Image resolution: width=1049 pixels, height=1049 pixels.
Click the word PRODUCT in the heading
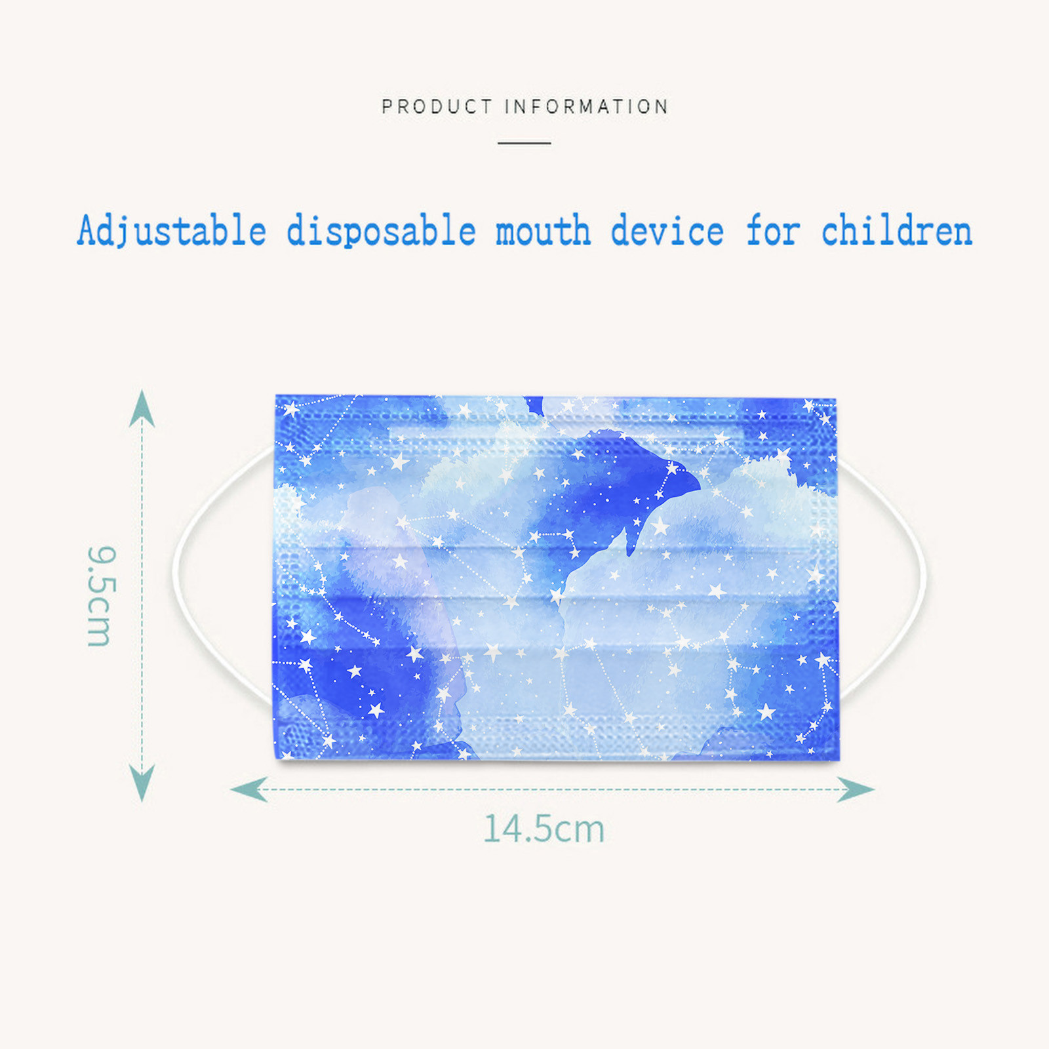click(437, 106)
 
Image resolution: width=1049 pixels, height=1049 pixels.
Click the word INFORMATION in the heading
click(586, 106)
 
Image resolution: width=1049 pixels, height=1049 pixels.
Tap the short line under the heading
click(524, 142)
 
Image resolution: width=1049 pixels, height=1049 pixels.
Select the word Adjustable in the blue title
click(172, 231)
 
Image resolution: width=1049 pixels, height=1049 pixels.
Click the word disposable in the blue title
click(381, 231)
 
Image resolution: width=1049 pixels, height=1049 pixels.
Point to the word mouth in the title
click(543, 231)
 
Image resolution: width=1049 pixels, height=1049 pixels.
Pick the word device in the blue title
click(667, 231)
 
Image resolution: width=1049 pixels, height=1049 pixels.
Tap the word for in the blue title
click(774, 231)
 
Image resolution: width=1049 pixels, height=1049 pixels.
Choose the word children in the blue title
click(896, 231)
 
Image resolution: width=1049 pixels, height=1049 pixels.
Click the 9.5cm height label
click(102, 596)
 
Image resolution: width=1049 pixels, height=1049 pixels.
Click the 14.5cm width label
click(544, 829)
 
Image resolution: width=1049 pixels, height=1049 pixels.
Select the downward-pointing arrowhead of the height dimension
click(142, 783)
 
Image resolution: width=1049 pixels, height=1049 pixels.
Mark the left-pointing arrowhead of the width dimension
click(248, 789)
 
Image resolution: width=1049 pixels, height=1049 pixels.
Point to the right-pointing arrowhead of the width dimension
click(856, 789)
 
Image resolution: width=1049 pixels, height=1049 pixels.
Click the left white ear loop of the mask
click(176, 572)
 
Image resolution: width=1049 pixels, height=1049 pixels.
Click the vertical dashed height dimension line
click(142, 595)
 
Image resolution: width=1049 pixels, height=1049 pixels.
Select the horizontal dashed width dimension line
click(553, 789)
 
